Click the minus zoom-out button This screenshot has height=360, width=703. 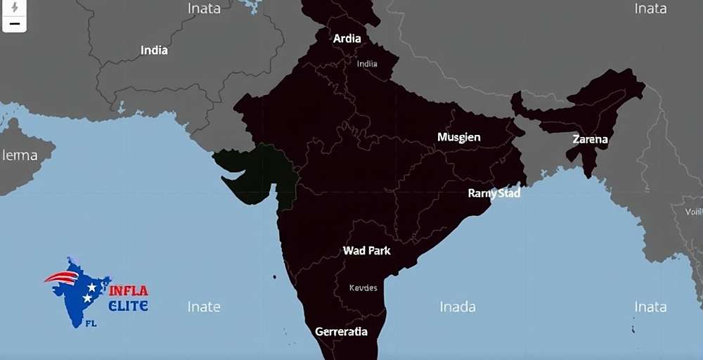click(14, 24)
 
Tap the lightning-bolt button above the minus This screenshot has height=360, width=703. click(14, 7)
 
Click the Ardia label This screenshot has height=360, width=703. click(347, 39)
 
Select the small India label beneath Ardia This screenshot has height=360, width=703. click(367, 63)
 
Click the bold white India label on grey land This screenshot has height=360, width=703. click(154, 51)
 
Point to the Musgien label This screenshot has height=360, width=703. click(458, 137)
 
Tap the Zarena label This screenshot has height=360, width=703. click(590, 139)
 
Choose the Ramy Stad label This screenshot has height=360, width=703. click(494, 193)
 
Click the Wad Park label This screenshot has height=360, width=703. click(366, 250)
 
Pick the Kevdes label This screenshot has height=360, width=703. click(363, 288)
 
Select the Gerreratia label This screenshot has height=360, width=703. click(341, 331)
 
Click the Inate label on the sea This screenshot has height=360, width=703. click(204, 307)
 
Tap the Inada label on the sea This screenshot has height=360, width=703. click(458, 307)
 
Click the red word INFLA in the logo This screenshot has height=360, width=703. click(128, 290)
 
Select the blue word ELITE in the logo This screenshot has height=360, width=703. click(128, 306)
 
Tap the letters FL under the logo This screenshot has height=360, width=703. click(91, 324)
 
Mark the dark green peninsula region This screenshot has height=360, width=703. click(250, 172)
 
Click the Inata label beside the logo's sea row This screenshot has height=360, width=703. click(650, 307)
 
